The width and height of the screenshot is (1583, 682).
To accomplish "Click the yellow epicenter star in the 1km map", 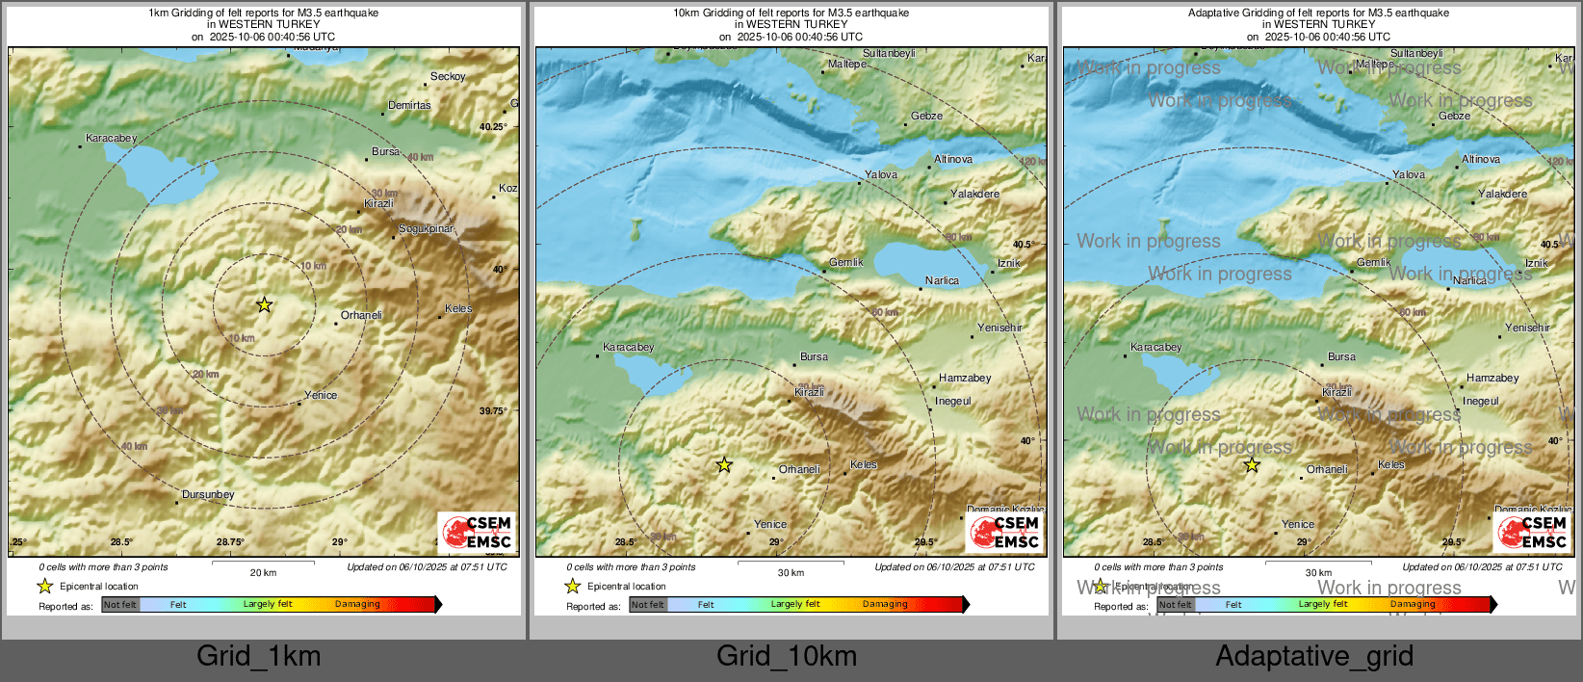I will point(264,305).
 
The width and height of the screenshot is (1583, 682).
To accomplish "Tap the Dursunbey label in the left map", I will point(208,495).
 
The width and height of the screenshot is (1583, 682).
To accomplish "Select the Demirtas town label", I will point(409,106).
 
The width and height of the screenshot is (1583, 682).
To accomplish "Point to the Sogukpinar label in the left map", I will point(426,229).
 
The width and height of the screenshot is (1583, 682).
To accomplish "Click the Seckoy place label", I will point(448,77).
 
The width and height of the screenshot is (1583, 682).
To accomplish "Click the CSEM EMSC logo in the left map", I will point(478,532).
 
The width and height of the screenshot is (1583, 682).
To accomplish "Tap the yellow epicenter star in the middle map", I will point(724,465).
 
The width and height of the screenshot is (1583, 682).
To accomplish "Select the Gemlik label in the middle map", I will point(846,263).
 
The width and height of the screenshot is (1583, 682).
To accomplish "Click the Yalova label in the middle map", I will point(881,175).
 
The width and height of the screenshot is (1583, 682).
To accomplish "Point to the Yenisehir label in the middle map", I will point(999,328).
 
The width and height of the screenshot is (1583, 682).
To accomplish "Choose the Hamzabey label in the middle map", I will point(965,379).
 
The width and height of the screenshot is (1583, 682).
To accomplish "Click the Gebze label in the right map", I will point(1454,117).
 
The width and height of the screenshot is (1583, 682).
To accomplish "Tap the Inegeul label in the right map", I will point(1481,402).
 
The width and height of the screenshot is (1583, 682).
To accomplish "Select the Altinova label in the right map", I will point(1481,160).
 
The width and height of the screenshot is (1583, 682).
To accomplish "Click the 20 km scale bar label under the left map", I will point(263,573).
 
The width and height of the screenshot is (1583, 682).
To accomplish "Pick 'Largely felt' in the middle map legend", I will point(795,605).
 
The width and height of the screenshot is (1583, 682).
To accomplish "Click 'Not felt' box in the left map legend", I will point(120,605).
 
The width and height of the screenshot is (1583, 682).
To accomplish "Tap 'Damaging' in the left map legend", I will point(357,605).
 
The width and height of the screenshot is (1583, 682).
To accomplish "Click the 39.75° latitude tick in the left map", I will point(493,411).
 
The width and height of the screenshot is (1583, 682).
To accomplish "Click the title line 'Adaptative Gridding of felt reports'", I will point(1318,13).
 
